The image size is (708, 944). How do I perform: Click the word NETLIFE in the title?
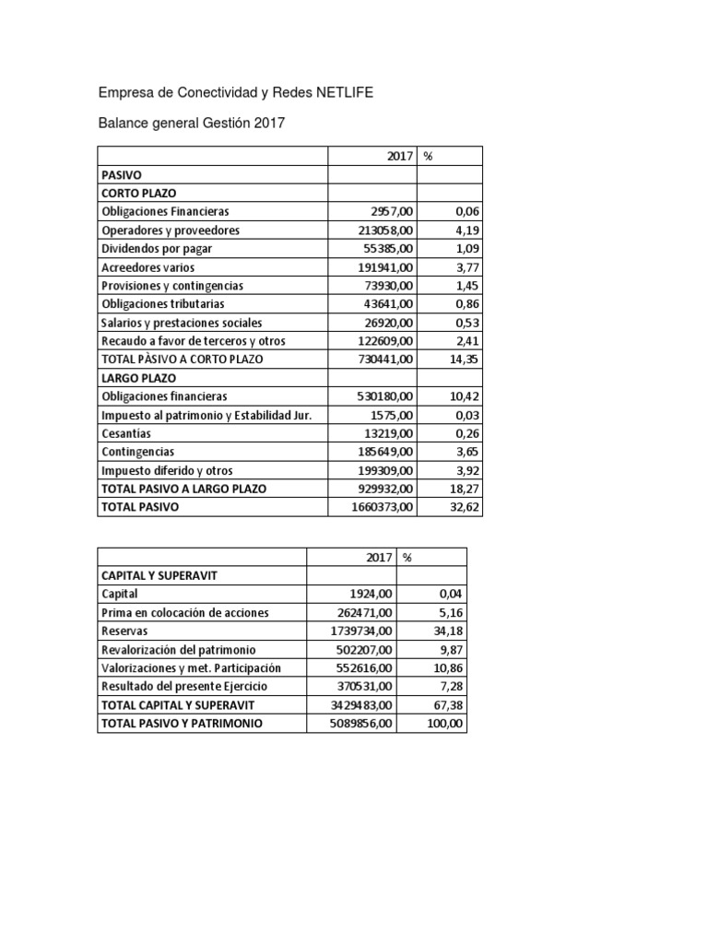point(346,93)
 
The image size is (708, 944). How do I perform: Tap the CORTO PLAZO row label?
point(138,193)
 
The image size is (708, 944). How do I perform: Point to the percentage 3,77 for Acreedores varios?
point(463,266)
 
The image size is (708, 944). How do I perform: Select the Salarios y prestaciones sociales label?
point(183,322)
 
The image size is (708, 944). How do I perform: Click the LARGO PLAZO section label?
point(138,377)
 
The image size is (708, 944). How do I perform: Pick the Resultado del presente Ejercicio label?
point(182,686)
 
